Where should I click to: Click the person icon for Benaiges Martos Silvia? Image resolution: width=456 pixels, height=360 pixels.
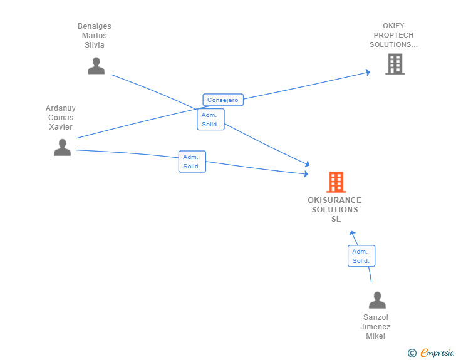click(96, 66)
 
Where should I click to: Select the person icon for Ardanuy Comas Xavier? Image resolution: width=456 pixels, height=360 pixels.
click(62, 147)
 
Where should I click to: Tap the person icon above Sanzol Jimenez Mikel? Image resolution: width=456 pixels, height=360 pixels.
click(377, 300)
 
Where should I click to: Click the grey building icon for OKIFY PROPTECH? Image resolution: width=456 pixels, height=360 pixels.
click(395, 64)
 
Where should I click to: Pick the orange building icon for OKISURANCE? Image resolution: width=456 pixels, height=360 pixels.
click(336, 182)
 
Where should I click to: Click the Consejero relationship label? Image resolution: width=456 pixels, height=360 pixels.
click(223, 100)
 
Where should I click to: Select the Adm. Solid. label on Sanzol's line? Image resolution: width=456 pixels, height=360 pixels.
click(361, 256)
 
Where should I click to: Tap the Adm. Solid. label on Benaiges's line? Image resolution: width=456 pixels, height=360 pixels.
click(210, 120)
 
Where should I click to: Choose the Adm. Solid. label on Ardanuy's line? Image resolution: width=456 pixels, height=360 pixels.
click(192, 162)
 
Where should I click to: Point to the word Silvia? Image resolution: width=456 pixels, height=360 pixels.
click(95, 45)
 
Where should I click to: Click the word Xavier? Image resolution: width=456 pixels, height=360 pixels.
click(61, 127)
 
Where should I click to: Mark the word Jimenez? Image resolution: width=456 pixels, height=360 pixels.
click(375, 327)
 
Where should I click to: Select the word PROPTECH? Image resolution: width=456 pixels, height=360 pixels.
click(393, 36)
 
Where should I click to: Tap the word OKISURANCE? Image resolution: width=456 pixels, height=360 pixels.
click(334, 200)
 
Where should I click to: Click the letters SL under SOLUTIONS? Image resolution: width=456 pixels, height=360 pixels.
click(336, 219)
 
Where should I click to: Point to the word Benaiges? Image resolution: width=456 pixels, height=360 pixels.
click(95, 26)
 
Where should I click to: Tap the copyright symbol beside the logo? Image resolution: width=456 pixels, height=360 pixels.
click(412, 353)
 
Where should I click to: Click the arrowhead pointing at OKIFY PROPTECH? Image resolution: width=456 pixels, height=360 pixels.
click(368, 73)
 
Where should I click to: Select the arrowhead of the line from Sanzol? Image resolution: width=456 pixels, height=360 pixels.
click(353, 233)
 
